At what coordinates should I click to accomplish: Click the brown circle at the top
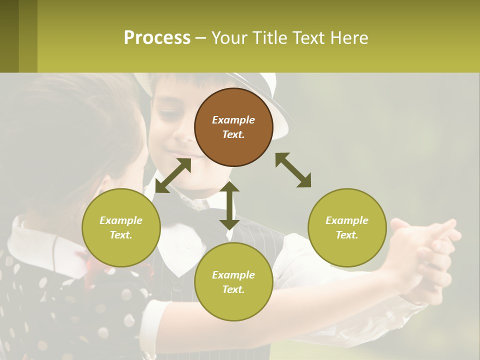tap(233, 127)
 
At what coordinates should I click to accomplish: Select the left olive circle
tap(121, 227)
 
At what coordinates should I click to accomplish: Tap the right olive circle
tap(347, 227)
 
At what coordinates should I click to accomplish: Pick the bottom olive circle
tap(233, 282)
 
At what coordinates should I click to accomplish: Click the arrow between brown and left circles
tap(173, 175)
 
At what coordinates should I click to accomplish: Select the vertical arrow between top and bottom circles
tap(229, 205)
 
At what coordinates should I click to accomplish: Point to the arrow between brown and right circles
tap(293, 170)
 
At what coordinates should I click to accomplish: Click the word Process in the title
tap(157, 37)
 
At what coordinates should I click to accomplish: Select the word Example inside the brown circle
tap(233, 120)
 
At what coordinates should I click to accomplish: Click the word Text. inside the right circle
tap(347, 235)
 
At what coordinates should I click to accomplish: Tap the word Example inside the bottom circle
tap(233, 275)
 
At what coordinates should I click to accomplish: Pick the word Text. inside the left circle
tap(121, 235)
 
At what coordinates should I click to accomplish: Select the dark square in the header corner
tap(9, 36)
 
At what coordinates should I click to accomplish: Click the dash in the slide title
tap(201, 38)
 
